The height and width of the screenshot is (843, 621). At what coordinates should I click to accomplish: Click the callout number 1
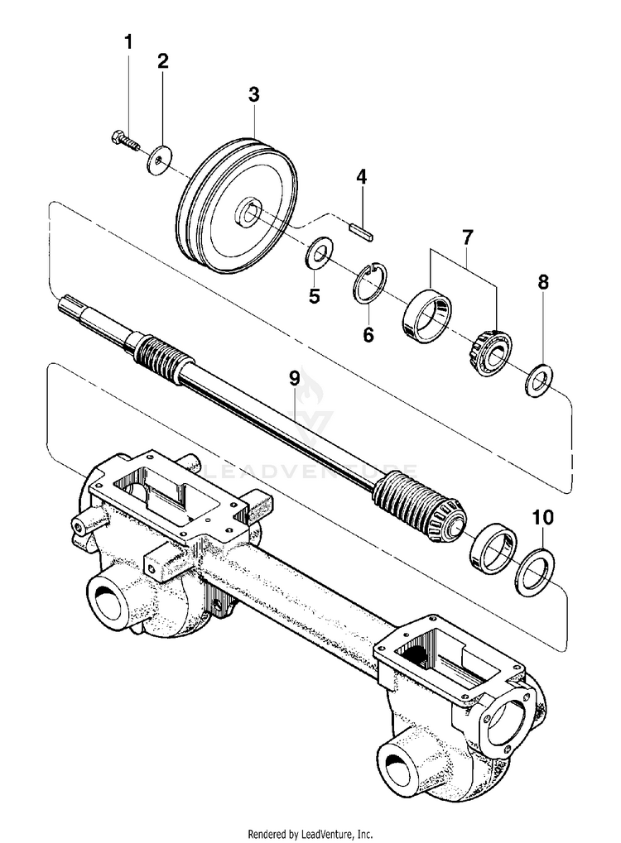coord(128,41)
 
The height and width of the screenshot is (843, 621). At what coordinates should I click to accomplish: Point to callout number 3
coord(253,94)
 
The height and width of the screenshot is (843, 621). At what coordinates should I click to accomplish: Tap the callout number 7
coord(466,237)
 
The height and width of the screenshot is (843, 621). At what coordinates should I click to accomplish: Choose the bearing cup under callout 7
coord(428,318)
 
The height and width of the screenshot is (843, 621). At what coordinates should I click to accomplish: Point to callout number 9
coord(294,379)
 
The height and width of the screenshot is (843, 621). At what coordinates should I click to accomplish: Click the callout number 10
coord(543,518)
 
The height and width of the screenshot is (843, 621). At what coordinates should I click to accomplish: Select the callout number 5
coord(314,295)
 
